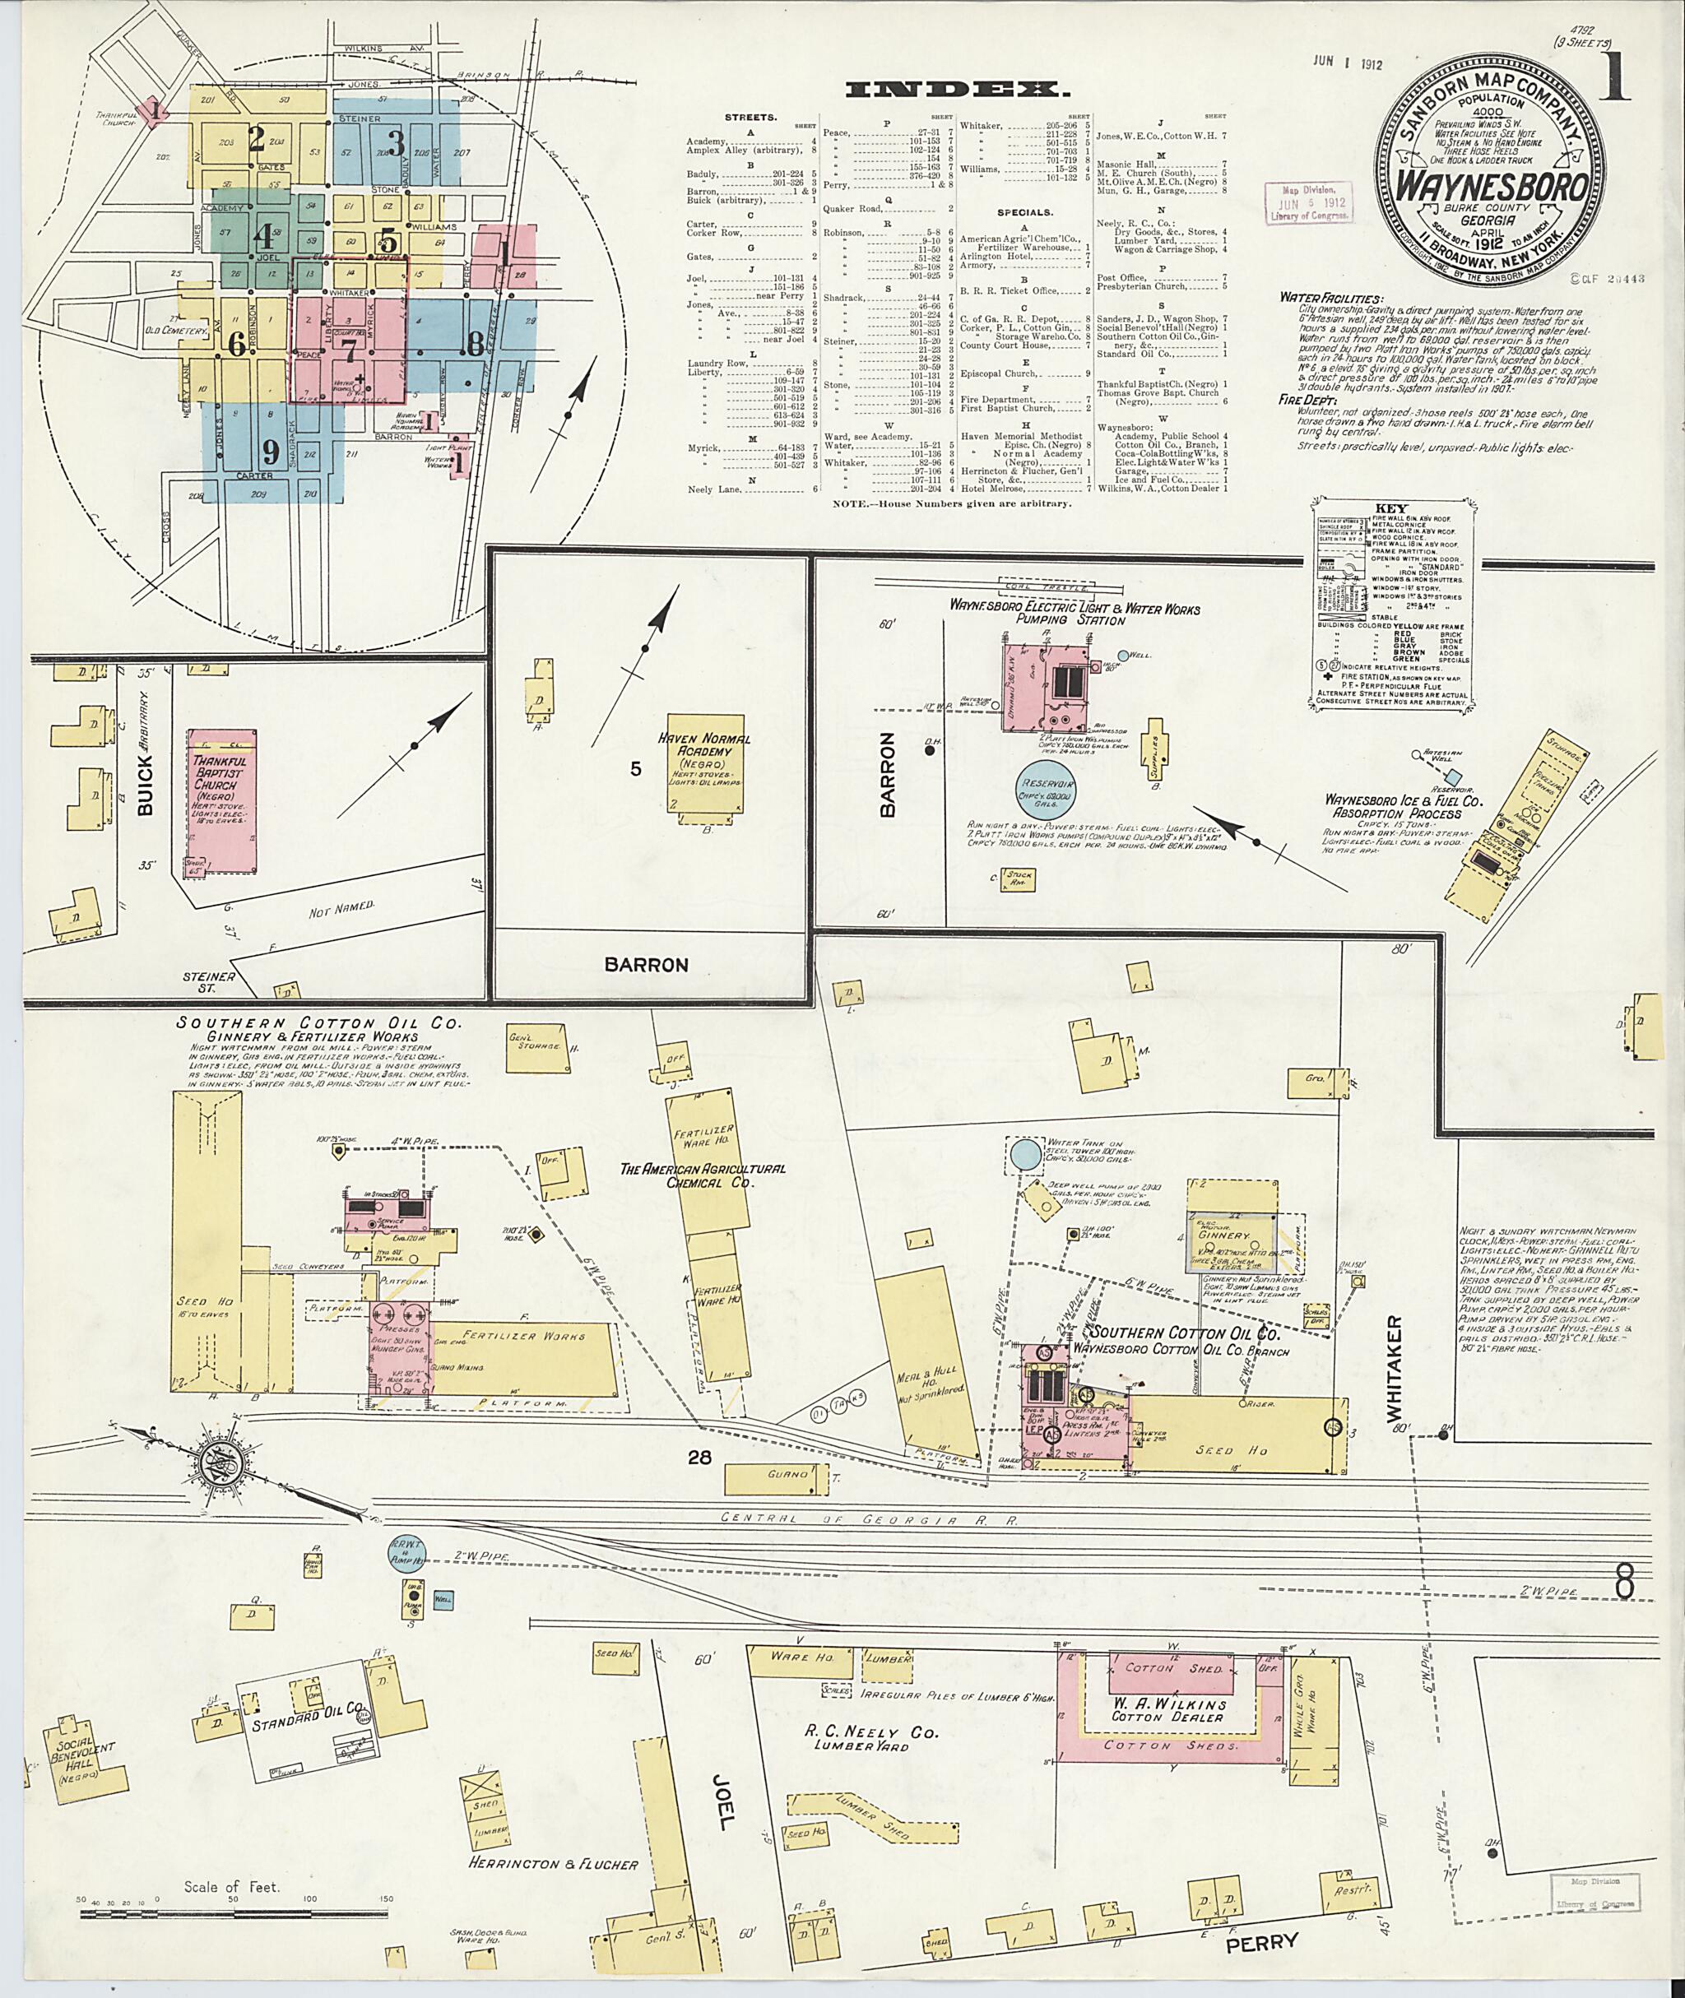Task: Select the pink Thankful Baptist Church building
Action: tap(220, 802)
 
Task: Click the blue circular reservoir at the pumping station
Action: tap(1045, 785)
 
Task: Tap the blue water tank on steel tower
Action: tap(1026, 1154)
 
